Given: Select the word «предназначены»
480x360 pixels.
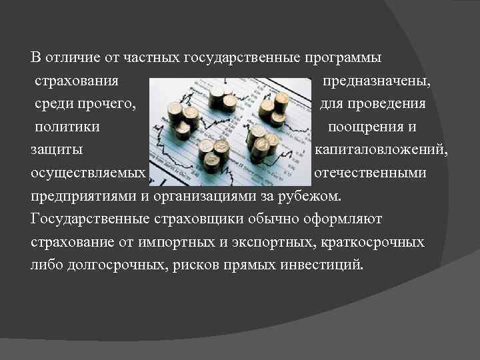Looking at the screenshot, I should click(x=375, y=82).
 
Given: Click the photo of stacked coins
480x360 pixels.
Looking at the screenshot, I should click(x=230, y=129).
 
